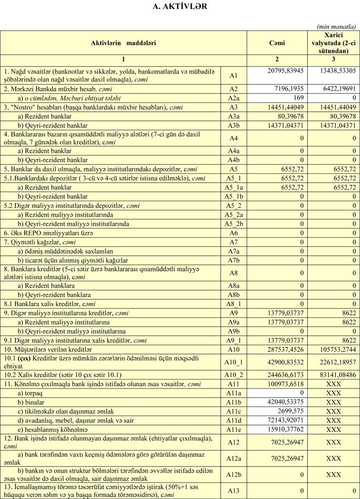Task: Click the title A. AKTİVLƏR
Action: [180, 7]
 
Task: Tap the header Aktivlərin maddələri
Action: [123, 43]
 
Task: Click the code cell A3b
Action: [233, 126]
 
